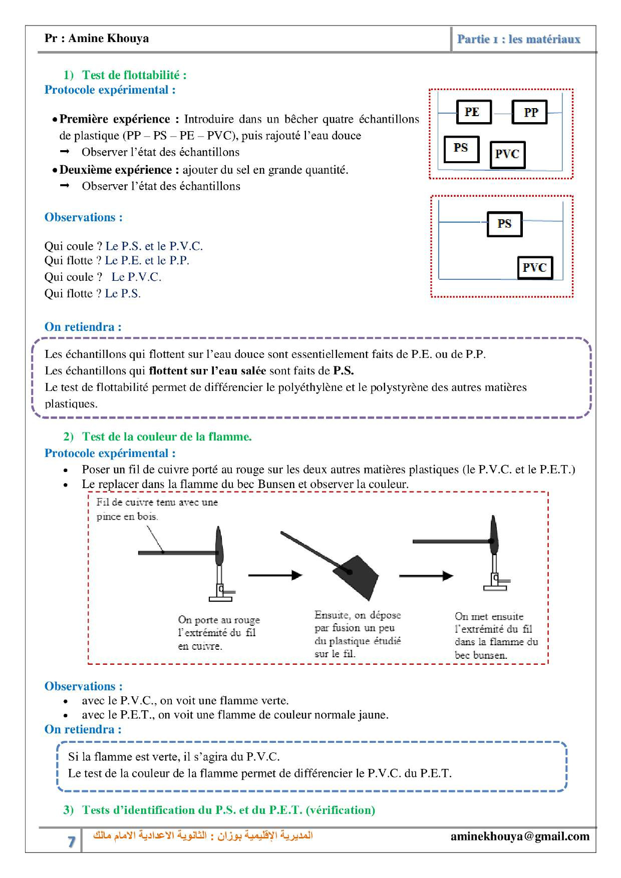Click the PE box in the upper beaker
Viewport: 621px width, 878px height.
473,112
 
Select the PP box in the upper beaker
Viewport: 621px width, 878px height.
529,112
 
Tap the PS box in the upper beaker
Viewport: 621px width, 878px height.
461,149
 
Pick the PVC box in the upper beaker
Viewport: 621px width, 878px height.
507,154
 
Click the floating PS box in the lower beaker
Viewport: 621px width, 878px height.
504,224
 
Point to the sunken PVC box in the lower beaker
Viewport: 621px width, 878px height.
534,267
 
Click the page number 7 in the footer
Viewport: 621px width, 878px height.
71,841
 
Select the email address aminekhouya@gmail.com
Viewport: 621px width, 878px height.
520,836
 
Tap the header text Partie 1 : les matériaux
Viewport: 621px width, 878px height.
518,39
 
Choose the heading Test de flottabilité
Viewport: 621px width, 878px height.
134,75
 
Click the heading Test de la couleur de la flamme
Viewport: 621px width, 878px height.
166,436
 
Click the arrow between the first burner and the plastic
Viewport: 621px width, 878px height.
275,575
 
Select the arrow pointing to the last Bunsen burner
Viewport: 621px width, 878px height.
426,576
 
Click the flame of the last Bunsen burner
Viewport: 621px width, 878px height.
494,533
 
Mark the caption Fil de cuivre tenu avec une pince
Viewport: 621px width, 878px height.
157,509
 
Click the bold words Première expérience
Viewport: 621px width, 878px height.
115,119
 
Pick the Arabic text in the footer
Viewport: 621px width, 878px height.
203,835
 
